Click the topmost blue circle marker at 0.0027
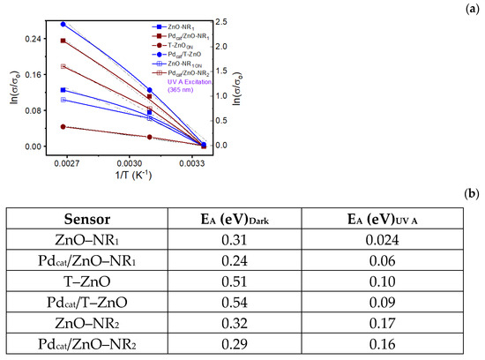tap(63, 25)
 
